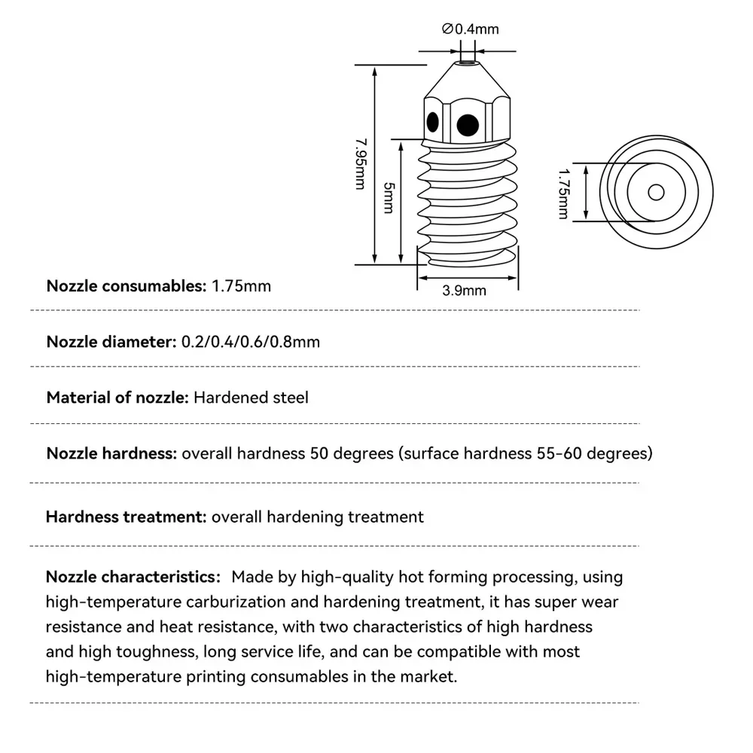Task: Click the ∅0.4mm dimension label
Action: tap(471, 29)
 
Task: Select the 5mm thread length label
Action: tap(388, 197)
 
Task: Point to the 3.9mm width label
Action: tap(464, 291)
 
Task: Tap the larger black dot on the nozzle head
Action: tap(467, 123)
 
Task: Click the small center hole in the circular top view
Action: tap(655, 192)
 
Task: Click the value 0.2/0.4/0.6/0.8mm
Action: tap(251, 342)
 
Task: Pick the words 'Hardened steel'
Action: tap(251, 397)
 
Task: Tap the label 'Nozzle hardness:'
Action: tap(111, 453)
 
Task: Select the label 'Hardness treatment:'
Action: tap(126, 517)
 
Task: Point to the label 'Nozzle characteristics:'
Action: tap(132, 578)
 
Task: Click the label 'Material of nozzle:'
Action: tap(117, 397)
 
